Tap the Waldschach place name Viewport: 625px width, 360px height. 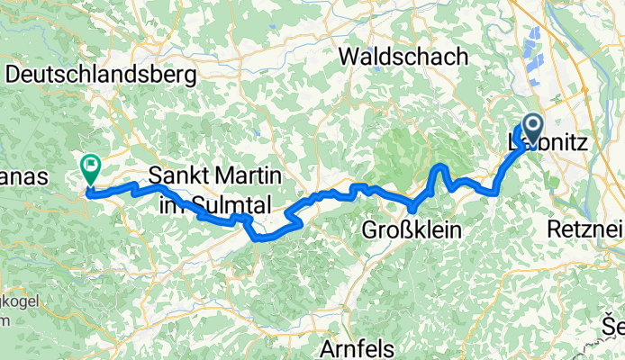pyautogui.click(x=404, y=56)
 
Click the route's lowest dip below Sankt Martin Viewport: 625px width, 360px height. pyautogui.click(x=260, y=238)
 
